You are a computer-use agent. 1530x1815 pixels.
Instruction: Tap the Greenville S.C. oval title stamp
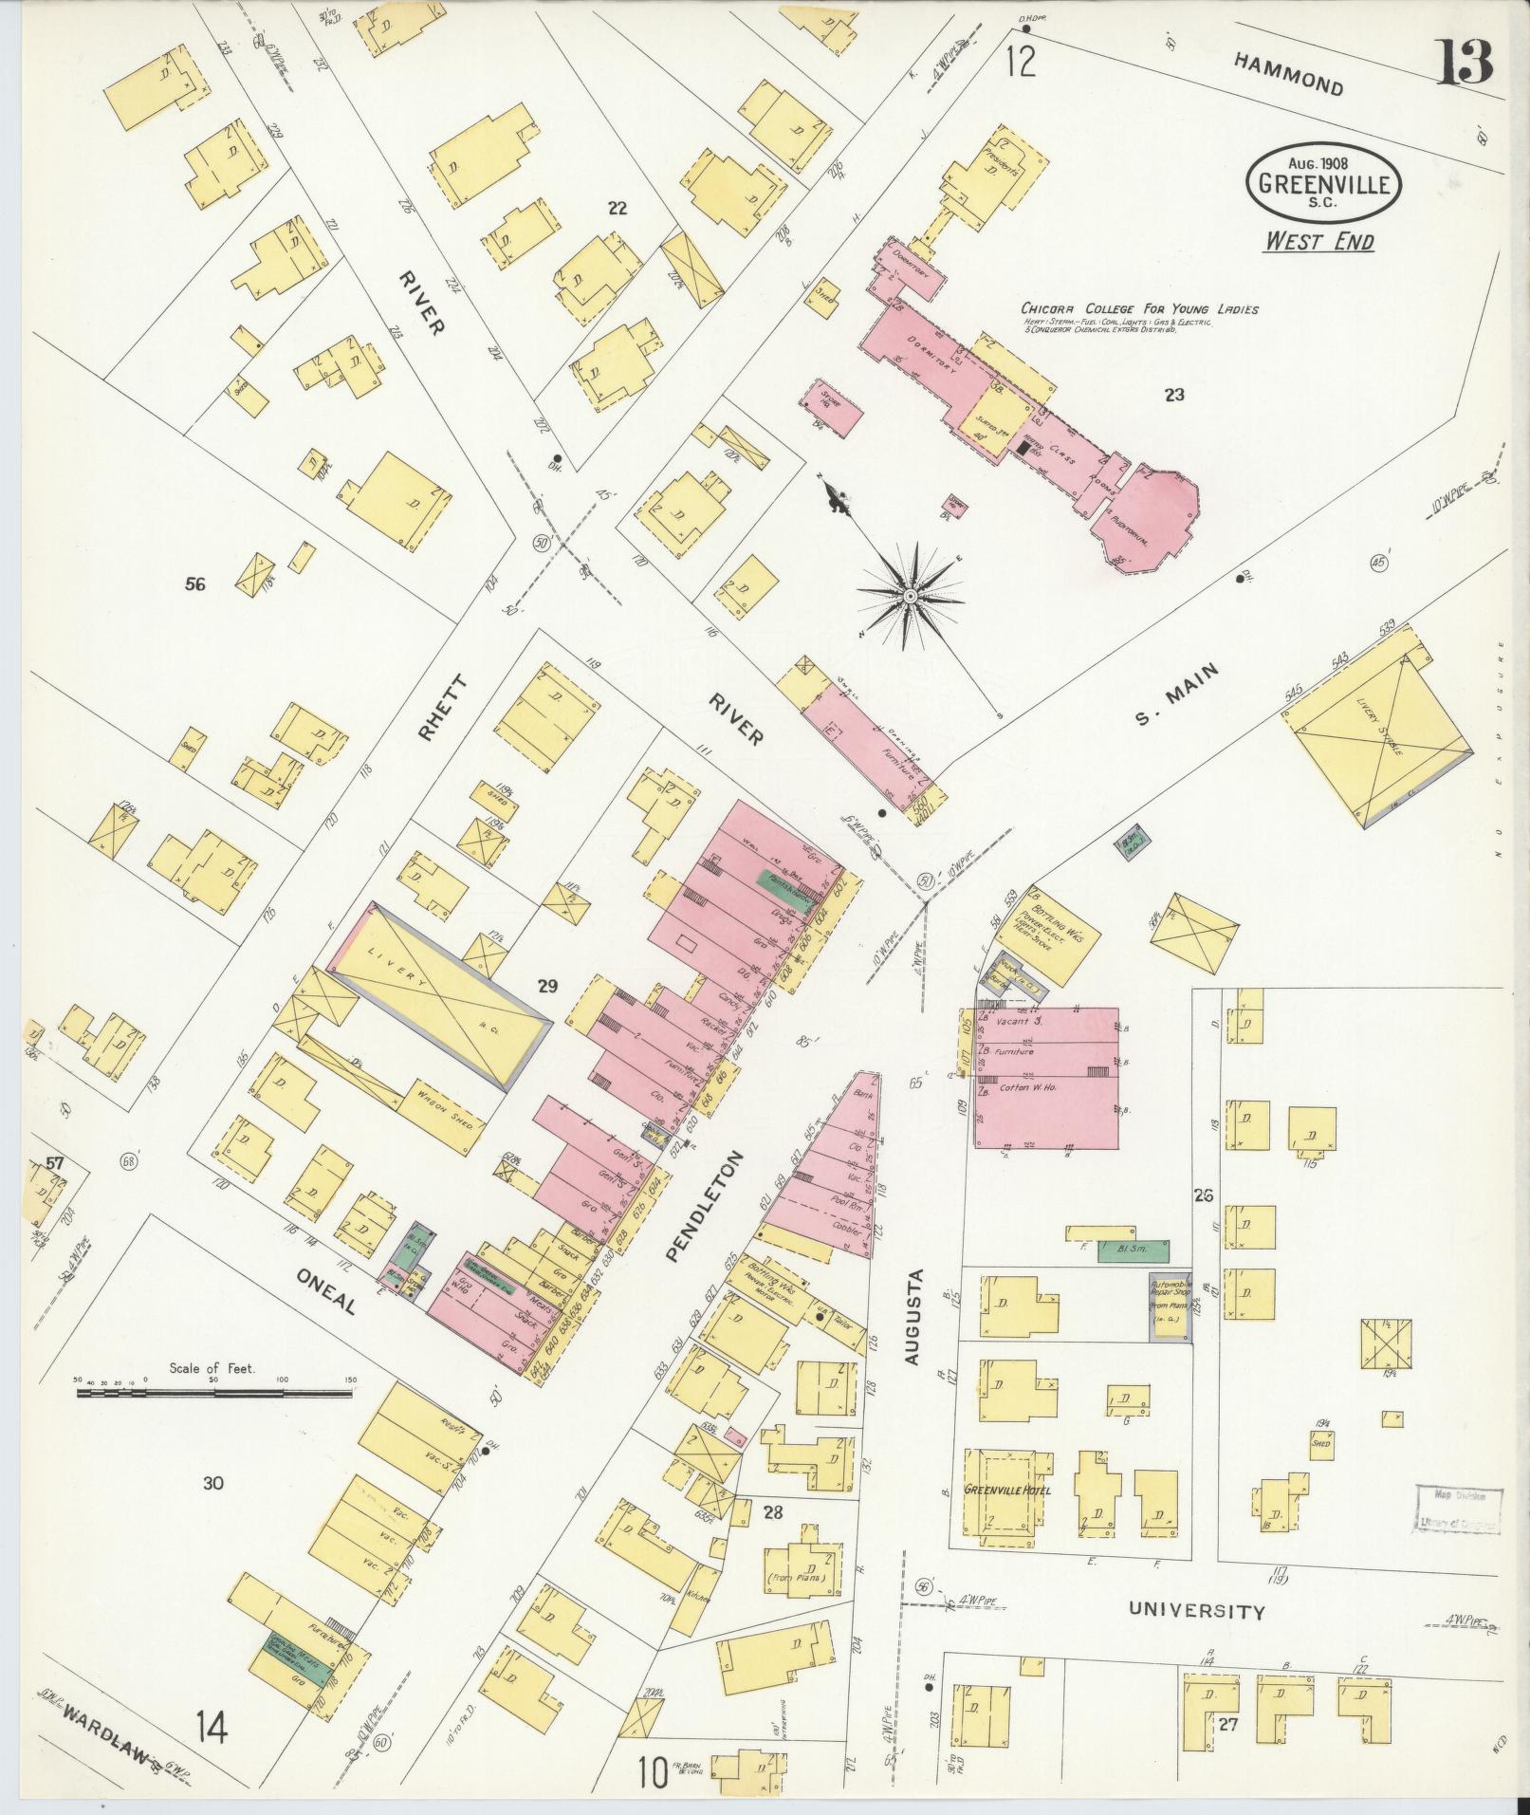coord(1323,183)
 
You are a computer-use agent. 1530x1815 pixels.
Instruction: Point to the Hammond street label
coord(1289,73)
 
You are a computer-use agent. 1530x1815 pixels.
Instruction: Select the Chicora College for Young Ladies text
coord(1139,309)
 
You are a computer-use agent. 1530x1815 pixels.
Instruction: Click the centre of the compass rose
coord(909,595)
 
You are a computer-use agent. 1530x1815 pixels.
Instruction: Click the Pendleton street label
coord(701,1206)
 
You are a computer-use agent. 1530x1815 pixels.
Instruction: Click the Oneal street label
coord(325,1292)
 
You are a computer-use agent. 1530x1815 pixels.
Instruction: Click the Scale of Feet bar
coord(216,1394)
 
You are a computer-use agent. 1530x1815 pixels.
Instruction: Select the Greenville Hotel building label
coord(1004,1489)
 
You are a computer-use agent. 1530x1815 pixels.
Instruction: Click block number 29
coord(546,987)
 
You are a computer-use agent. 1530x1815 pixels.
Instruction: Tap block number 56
coord(195,584)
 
